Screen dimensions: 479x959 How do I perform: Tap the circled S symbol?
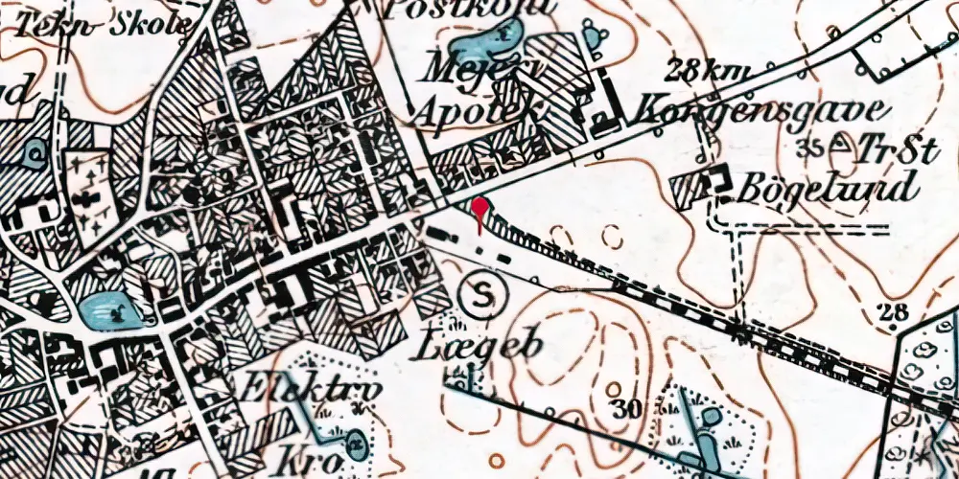(x=484, y=298)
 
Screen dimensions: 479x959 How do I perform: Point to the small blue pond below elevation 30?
(x=711, y=418)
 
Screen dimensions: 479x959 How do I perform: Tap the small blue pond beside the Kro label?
(x=357, y=443)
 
